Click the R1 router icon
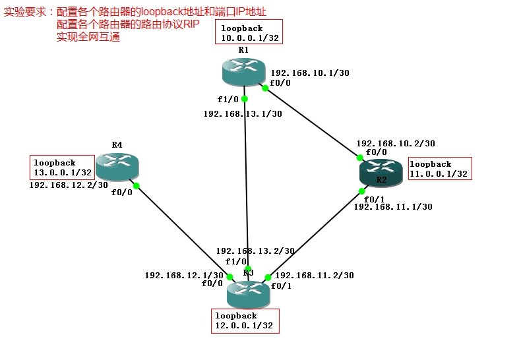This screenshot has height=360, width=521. point(243,70)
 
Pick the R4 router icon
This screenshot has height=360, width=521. point(117,166)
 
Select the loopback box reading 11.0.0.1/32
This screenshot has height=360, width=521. point(440,169)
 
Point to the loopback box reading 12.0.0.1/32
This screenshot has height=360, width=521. point(245,321)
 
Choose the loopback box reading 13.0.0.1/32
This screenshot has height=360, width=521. point(63,167)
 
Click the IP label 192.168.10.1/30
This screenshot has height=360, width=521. point(309,73)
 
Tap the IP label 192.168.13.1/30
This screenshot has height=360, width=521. point(243,113)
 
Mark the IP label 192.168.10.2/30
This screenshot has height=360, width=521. point(395,142)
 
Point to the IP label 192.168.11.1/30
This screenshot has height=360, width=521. point(393,206)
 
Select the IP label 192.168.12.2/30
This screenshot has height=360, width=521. point(69,185)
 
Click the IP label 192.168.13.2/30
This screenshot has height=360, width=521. point(255,251)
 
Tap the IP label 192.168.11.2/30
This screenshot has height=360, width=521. point(314,275)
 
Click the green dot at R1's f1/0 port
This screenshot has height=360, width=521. point(244,99)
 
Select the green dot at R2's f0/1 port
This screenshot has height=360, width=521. point(362,191)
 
